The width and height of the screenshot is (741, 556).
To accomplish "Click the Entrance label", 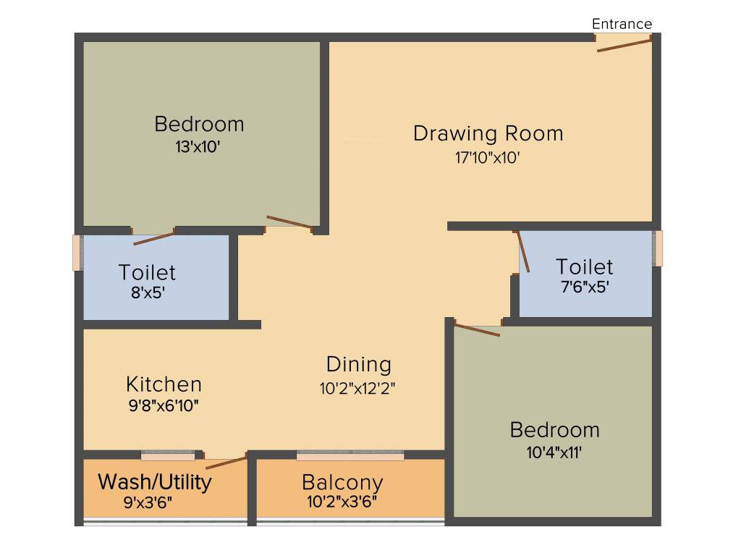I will point(622,24).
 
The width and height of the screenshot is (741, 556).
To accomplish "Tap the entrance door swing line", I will point(623,45).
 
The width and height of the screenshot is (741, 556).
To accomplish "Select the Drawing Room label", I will point(488,134).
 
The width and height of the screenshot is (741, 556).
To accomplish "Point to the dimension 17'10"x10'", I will point(488,157).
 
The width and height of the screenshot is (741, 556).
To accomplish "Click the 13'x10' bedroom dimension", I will point(198,147).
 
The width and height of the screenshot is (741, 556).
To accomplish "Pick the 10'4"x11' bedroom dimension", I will point(554,453).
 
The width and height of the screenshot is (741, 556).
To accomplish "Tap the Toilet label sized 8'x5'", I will point(147,272).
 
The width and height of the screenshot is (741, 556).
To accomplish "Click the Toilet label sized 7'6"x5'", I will point(584,266).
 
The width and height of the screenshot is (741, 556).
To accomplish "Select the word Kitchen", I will point(164,384).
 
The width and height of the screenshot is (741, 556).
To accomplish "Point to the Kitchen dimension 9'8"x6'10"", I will point(164,405).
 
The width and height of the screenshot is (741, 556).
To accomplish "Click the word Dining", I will point(358,364).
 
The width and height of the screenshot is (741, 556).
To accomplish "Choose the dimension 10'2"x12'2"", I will point(357,387).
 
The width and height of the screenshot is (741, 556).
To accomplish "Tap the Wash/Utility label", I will point(155,481).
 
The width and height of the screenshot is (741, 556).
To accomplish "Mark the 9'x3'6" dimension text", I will point(148,502).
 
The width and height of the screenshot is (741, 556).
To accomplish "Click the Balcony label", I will point(342,482).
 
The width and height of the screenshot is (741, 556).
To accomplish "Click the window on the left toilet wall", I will point(77,253).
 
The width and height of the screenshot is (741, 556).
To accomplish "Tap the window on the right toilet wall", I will point(658,248).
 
